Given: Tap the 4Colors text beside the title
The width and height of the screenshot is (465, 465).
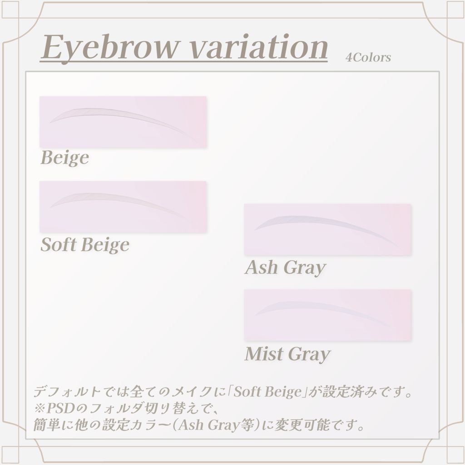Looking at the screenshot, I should point(368,58).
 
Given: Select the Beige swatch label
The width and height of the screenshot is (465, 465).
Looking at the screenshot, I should point(65,158).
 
